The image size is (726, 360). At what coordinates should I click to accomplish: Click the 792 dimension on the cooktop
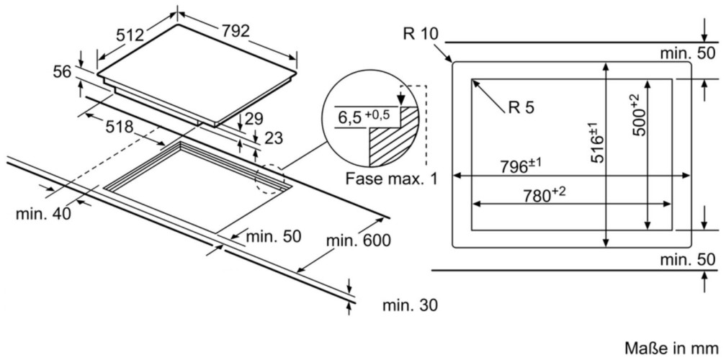click(x=235, y=31)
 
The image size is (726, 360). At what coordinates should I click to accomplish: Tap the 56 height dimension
click(x=63, y=71)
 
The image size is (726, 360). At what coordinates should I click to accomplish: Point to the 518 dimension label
click(x=119, y=127)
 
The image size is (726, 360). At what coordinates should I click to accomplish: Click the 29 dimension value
click(x=254, y=119)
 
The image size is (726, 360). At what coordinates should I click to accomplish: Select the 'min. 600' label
click(x=359, y=240)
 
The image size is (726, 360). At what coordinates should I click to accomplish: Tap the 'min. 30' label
click(x=409, y=305)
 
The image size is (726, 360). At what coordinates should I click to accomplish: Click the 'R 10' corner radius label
click(x=421, y=33)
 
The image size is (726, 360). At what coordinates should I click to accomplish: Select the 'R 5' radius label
click(x=520, y=107)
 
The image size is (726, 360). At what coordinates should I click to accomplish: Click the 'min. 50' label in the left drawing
click(x=272, y=236)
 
